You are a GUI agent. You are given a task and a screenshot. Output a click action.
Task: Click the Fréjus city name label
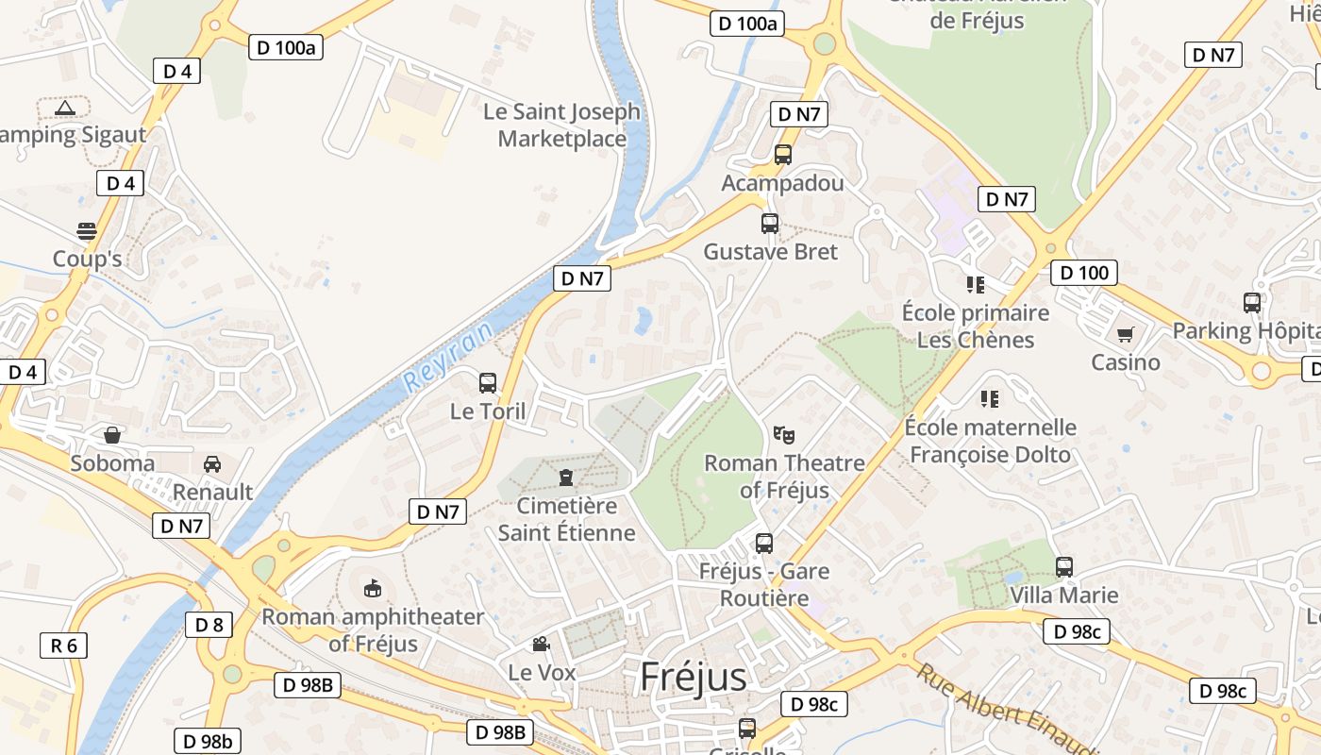point(694,677)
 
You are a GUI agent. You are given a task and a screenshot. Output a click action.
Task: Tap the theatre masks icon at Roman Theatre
point(783,435)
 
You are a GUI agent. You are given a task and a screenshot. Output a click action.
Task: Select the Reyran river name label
point(449,359)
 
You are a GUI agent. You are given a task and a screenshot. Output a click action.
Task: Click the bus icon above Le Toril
point(488,383)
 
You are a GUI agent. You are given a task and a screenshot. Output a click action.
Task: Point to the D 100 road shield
point(1084,274)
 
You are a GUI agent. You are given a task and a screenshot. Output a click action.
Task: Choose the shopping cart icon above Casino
point(1125,334)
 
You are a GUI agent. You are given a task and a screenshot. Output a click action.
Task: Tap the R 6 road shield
point(63,646)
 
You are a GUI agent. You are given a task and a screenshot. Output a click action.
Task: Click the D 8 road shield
point(209,624)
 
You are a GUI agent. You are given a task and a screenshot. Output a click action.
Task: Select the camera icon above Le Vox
point(541,644)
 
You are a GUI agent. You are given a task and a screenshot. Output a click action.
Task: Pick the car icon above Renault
point(212,463)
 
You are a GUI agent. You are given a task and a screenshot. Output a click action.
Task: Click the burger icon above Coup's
point(87,231)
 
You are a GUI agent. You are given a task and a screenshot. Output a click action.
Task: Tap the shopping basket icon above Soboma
point(112,435)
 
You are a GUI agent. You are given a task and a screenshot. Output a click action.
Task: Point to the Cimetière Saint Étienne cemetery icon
point(566,477)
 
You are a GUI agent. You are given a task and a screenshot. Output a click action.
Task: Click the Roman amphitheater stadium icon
point(373,589)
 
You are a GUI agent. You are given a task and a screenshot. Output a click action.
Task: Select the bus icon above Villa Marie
point(1064,567)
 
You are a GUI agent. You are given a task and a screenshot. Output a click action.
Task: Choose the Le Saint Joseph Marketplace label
point(561,125)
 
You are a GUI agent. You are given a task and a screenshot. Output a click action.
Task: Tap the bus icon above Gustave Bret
point(770,224)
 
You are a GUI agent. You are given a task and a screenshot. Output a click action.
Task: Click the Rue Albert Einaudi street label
point(1006,709)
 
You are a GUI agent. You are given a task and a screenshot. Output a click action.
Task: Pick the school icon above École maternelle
point(989,398)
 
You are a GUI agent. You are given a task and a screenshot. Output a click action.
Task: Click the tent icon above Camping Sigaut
point(64,108)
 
